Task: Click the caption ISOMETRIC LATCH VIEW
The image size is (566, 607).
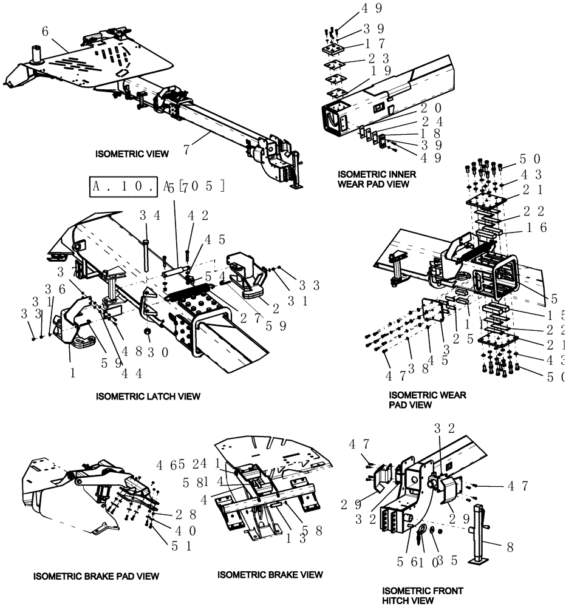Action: pyautogui.click(x=148, y=396)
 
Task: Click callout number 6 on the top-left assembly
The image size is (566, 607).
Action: pyautogui.click(x=45, y=30)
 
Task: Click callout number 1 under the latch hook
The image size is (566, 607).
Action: pyautogui.click(x=72, y=374)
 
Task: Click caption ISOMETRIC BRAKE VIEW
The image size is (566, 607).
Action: pyautogui.click(x=270, y=574)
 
